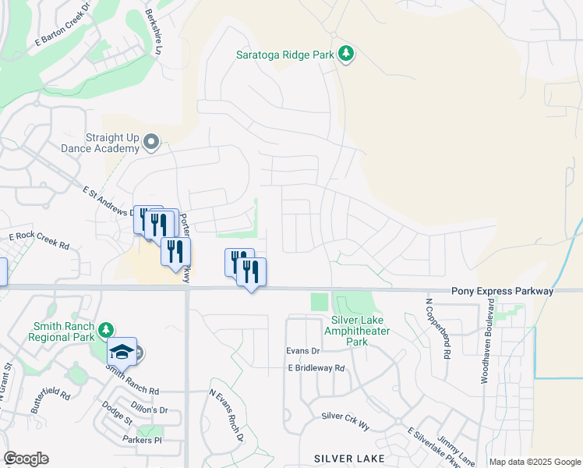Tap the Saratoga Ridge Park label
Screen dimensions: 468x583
point(286,55)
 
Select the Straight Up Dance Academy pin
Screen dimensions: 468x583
point(151,142)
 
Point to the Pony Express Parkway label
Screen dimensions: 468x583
point(502,291)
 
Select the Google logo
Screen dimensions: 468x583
point(26,458)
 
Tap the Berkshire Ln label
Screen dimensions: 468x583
point(154,31)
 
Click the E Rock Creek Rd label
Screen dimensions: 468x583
point(39,240)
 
